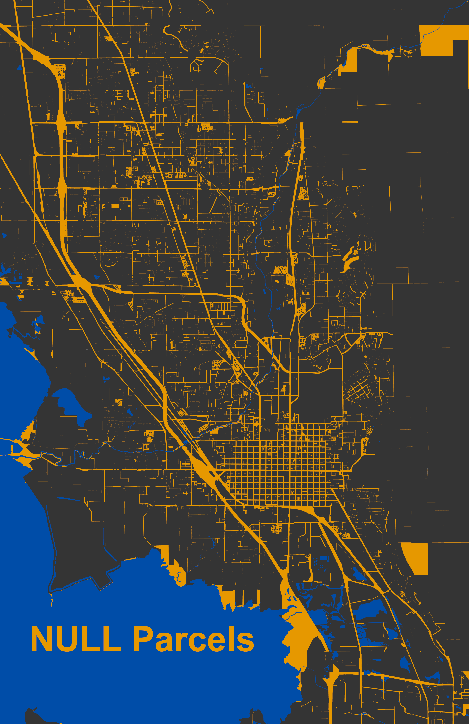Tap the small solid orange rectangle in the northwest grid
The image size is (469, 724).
click(115, 206)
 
